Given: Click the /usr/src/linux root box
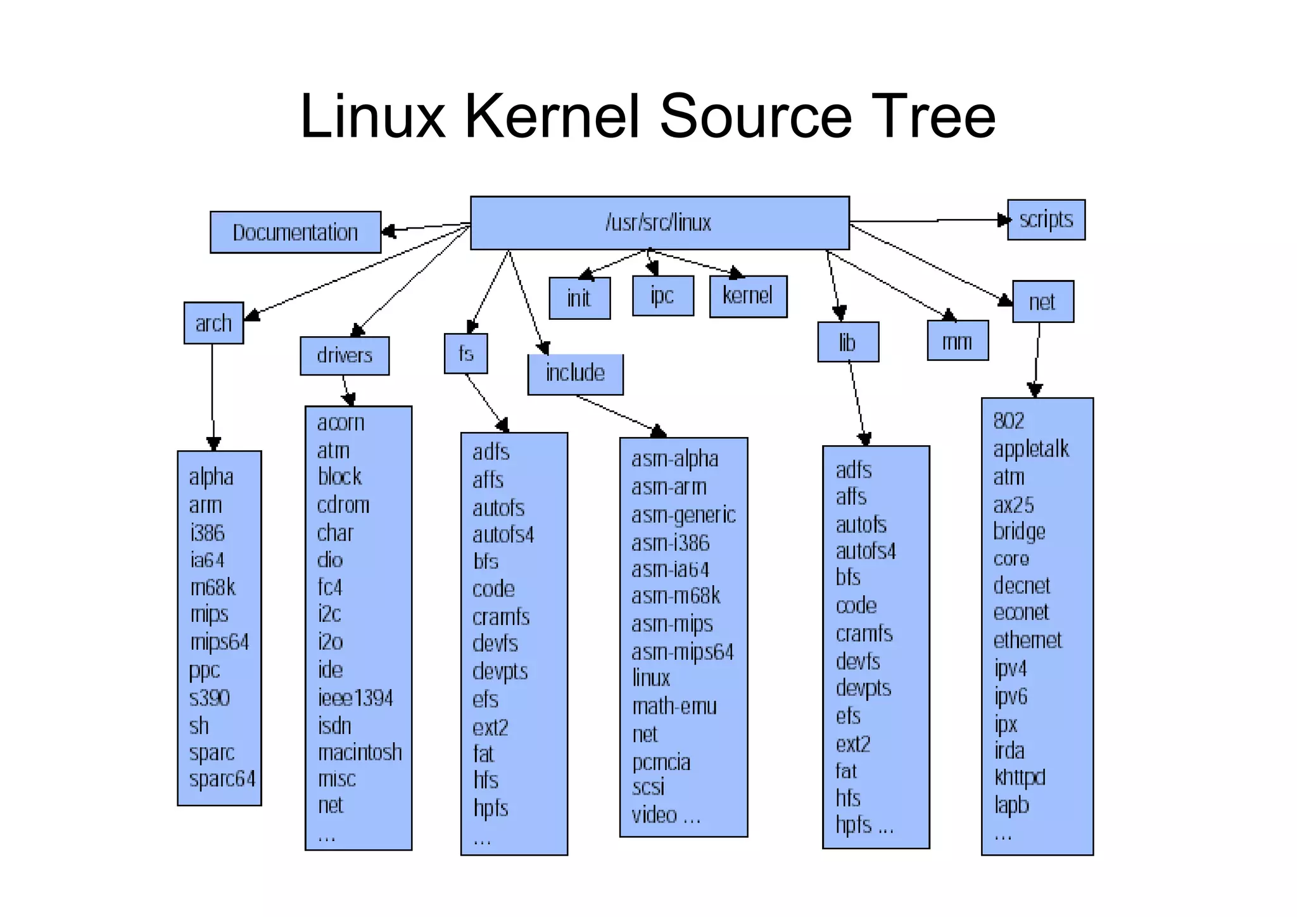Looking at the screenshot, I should (x=659, y=223).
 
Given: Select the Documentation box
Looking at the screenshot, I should (x=295, y=232).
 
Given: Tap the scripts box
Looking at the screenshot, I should (x=1046, y=220).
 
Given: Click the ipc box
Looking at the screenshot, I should (x=662, y=296).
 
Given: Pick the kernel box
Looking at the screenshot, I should (x=748, y=296).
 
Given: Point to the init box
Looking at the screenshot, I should (x=579, y=298).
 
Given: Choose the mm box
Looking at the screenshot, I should (x=957, y=341).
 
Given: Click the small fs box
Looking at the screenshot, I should (x=465, y=353).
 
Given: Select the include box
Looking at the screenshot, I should (x=575, y=373).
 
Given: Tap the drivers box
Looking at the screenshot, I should (x=345, y=355).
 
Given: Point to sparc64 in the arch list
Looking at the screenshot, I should (x=222, y=779).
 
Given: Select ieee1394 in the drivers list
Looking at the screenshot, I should (x=355, y=698).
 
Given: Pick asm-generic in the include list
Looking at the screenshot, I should (x=683, y=515).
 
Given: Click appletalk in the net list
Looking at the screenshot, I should (x=1030, y=449).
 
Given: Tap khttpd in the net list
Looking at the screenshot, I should (x=1020, y=777).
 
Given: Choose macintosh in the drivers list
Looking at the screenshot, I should (x=359, y=752).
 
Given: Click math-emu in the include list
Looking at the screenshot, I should (x=674, y=706).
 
